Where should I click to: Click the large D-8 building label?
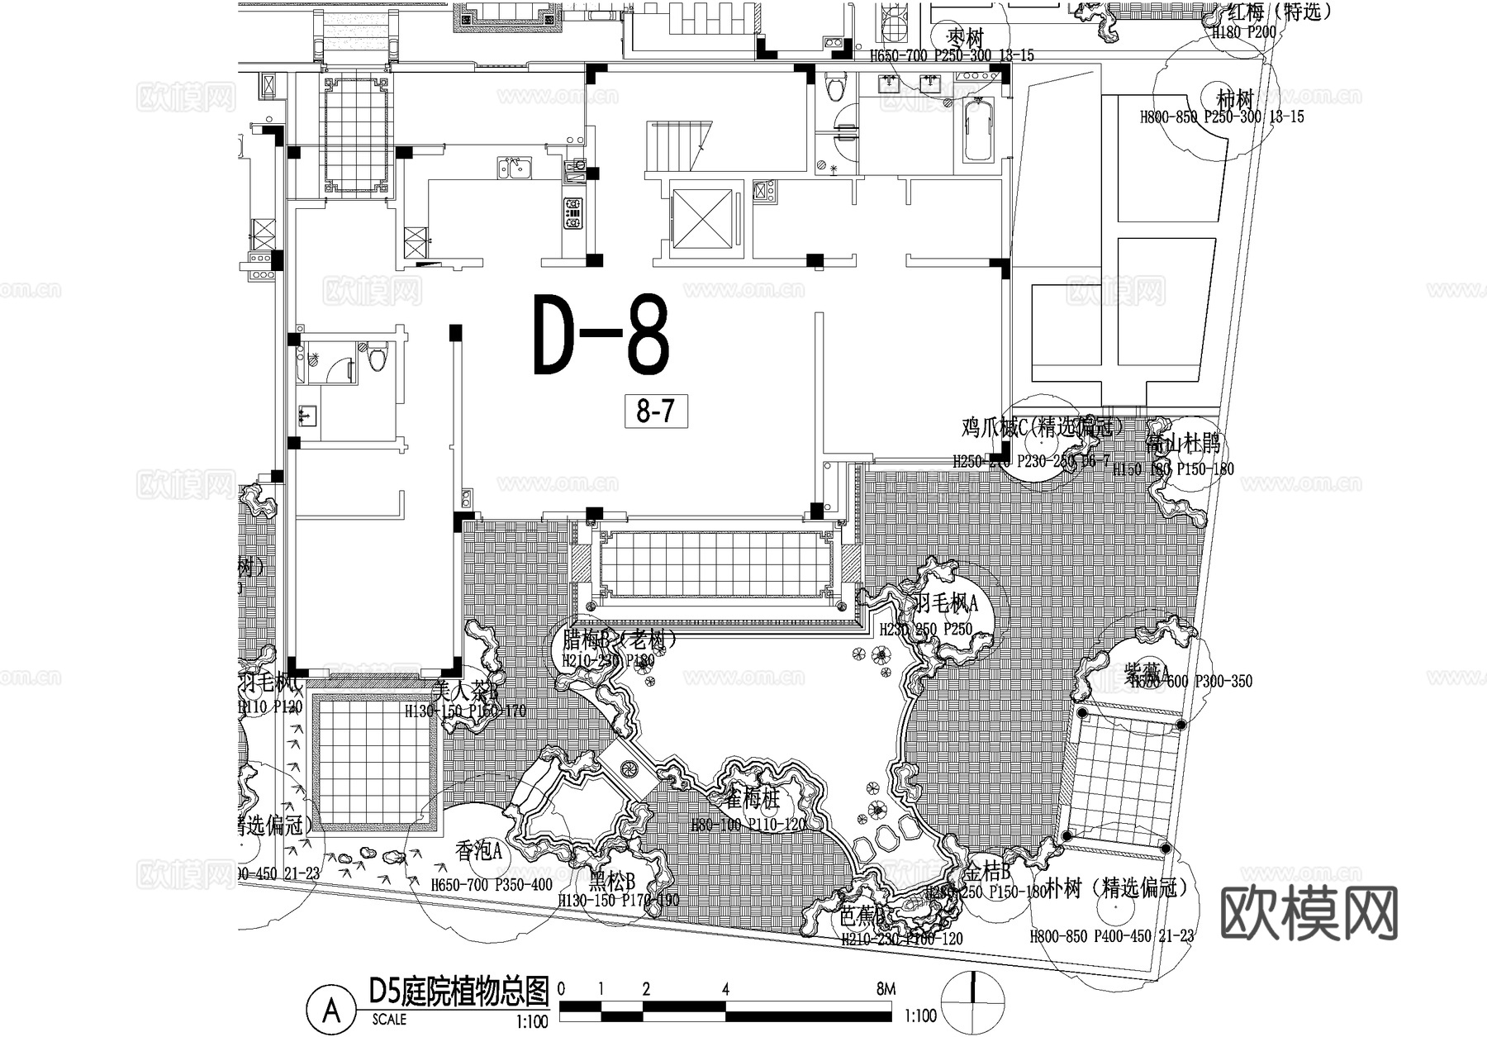click(x=601, y=335)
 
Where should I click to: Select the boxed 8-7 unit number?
click(x=655, y=411)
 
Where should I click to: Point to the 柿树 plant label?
click(x=1235, y=98)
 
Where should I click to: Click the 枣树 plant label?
click(x=964, y=38)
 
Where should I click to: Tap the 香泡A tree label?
click(x=479, y=850)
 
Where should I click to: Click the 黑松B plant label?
click(x=612, y=880)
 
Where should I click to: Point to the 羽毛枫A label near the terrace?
click(x=945, y=604)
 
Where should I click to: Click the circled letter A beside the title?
click(x=331, y=1009)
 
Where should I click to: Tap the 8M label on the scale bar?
click(x=886, y=988)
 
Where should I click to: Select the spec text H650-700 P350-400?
click(x=492, y=885)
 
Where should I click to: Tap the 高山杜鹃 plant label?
click(x=1183, y=445)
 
